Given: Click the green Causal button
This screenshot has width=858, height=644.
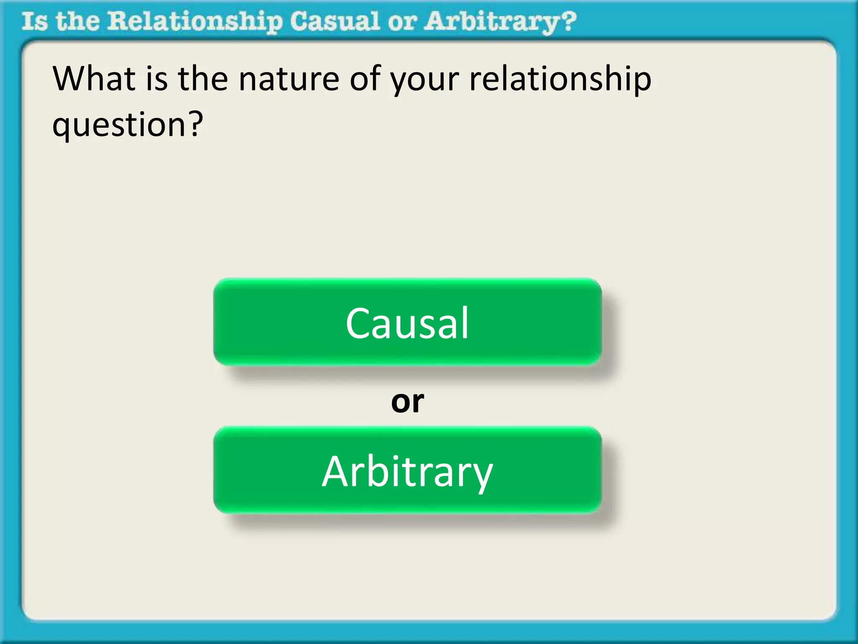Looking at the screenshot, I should [407, 322].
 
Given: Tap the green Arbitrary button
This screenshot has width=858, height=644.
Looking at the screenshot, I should [407, 470].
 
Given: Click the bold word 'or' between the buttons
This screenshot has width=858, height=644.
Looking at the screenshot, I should [407, 401].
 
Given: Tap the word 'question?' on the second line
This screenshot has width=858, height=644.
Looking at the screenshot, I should [127, 125].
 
